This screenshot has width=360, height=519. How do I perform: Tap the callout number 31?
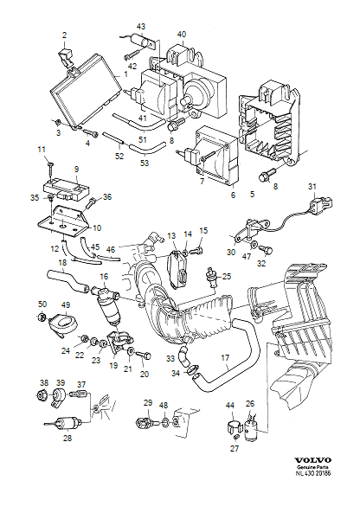(x=312, y=187)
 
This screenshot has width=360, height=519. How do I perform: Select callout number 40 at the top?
(x=182, y=35)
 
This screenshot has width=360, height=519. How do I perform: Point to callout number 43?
(x=141, y=28)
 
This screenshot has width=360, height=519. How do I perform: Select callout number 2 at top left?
(x=64, y=35)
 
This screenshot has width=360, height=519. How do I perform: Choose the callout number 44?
(x=229, y=405)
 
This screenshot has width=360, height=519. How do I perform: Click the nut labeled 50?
(x=42, y=320)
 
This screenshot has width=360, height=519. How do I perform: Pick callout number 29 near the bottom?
(x=147, y=404)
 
